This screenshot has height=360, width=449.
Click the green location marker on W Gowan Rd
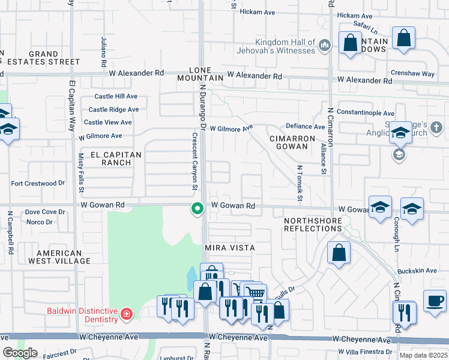coord(196,209)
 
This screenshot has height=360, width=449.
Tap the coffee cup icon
coord(434,300)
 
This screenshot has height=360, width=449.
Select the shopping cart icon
coord(256,293)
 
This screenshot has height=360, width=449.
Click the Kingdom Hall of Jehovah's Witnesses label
coord(285,46)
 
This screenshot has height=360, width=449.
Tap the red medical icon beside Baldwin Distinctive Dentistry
coord(126,314)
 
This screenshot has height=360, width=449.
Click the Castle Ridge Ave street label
coord(113,110)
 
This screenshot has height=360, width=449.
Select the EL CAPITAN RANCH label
coord(116,158)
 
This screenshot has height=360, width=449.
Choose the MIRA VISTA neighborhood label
coord(230,248)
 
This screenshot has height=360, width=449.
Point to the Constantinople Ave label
coord(365,113)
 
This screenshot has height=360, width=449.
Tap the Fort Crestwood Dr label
coord(38,183)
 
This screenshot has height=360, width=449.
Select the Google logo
coord(20,353)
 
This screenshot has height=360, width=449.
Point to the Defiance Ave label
coord(305,127)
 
